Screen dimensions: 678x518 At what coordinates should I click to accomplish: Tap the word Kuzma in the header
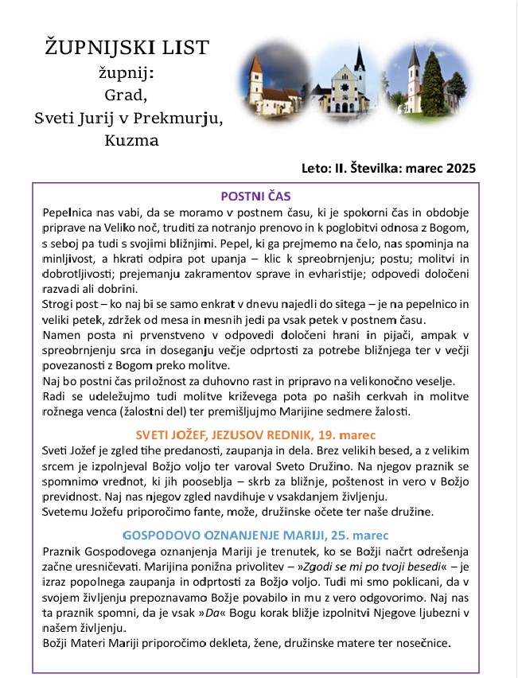pos(131,141)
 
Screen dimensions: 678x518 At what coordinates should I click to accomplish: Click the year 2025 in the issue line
pos(462,168)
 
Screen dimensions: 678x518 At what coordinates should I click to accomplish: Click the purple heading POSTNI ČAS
pos(256,196)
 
